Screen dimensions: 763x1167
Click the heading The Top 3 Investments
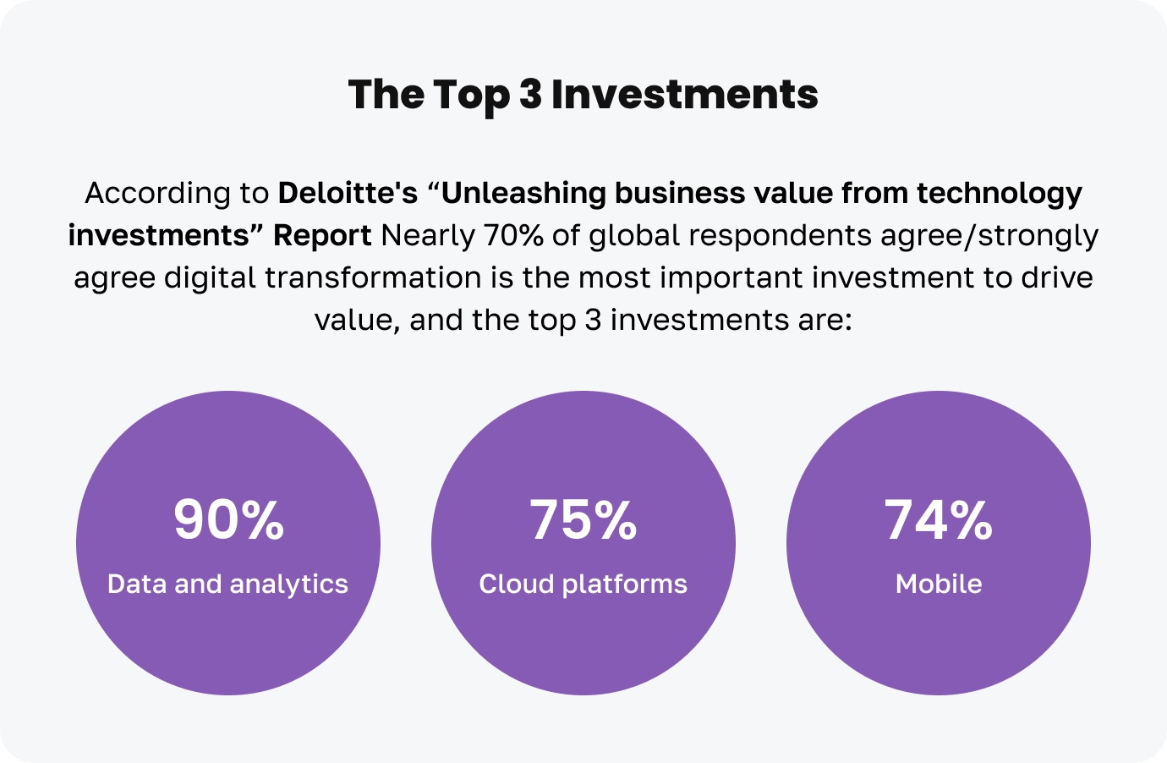point(583,94)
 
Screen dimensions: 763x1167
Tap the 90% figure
point(228,519)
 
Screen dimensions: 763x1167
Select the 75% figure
point(583,519)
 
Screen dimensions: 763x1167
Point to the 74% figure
point(939,519)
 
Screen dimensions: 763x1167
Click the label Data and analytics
point(227,584)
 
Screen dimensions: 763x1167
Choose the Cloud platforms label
point(583,584)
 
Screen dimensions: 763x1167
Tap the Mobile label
point(939,584)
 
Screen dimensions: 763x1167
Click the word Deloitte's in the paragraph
point(348,193)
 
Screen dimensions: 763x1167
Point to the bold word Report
point(322,235)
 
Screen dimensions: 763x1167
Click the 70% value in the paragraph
point(513,235)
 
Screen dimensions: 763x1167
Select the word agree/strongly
point(989,235)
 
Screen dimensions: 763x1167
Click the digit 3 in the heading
point(530,94)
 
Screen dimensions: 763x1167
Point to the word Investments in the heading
point(685,94)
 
